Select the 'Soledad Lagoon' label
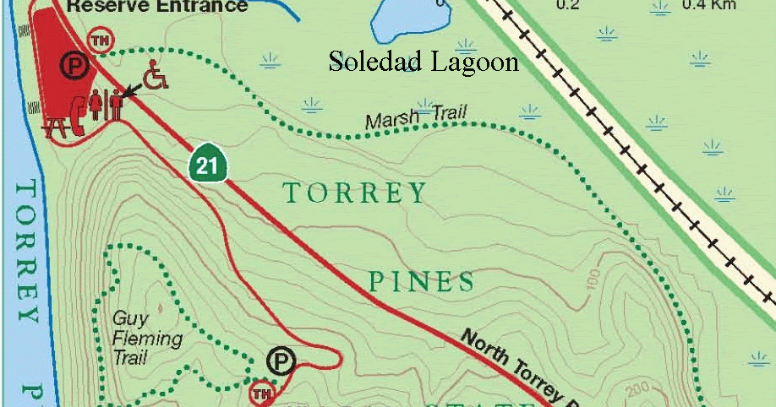(423, 62)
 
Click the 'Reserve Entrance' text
(157, 7)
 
